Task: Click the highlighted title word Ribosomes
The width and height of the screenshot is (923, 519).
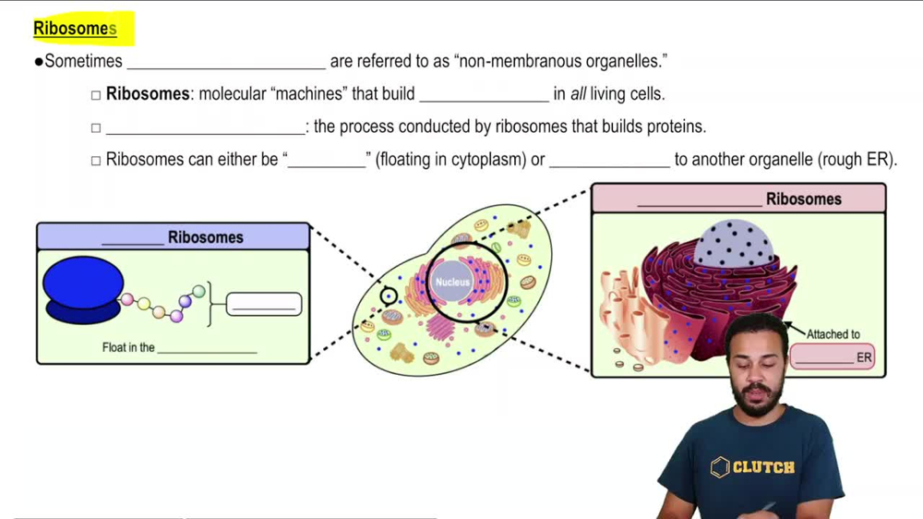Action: tap(75, 29)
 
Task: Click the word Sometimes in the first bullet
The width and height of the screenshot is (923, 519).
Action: tap(84, 61)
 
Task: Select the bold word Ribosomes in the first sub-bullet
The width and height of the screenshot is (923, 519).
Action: tap(148, 93)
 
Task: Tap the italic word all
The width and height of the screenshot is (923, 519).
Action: tap(578, 93)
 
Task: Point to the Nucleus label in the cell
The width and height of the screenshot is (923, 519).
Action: tap(452, 283)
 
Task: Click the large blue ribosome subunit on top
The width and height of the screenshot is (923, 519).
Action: tap(83, 283)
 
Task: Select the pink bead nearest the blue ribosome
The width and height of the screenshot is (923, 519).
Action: tap(127, 299)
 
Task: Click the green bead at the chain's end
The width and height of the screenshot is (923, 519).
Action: tap(199, 291)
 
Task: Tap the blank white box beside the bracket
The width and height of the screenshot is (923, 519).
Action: tap(264, 305)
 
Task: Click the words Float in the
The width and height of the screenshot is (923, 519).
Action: tap(128, 347)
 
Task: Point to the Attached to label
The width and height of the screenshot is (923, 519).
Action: tap(833, 334)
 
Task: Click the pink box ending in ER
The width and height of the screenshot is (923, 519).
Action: tap(833, 357)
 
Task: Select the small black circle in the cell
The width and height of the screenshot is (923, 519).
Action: tap(389, 296)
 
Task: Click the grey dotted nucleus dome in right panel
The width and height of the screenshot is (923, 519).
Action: tap(734, 243)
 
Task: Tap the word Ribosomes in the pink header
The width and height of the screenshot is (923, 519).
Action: tap(804, 199)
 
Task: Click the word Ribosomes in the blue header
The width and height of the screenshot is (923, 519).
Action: tap(206, 237)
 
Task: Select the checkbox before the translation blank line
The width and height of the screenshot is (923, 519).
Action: tap(96, 127)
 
